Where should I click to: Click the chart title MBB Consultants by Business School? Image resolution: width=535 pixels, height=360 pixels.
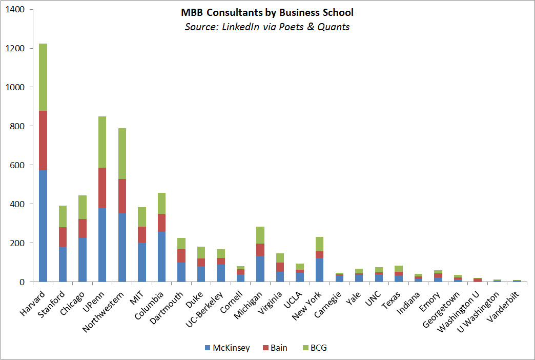[267, 12]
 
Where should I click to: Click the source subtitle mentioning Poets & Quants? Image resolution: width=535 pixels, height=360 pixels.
[267, 27]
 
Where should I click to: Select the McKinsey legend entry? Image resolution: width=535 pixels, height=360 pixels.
[227, 348]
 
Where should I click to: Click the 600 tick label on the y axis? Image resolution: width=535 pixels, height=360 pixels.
[17, 165]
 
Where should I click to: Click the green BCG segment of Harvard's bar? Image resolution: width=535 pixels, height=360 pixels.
[43, 77]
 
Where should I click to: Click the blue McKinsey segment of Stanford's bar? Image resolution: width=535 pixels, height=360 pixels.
[63, 264]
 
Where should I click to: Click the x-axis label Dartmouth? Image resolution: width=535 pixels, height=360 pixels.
[167, 303]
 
